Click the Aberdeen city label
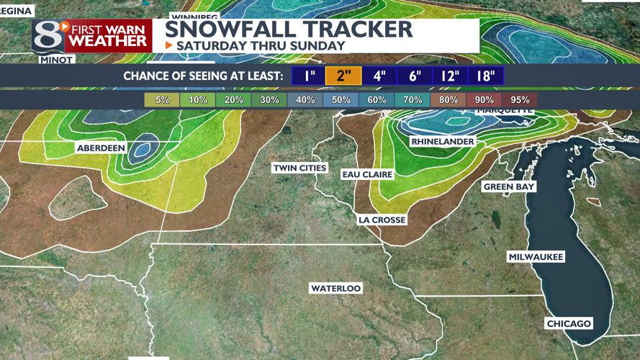pyautogui.click(x=101, y=148)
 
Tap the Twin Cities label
pyautogui.click(x=299, y=168)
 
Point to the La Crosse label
pyautogui.click(x=382, y=220)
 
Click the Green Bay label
pyautogui.click(x=509, y=187)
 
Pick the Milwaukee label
pyautogui.click(x=536, y=257)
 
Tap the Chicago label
pyautogui.click(x=569, y=323)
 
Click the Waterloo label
pyautogui.click(x=335, y=288)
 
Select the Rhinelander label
pyautogui.click(x=442, y=142)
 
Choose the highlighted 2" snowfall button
pyautogui.click(x=343, y=76)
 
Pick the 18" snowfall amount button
pyautogui.click(x=486, y=76)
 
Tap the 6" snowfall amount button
pyautogui.click(x=415, y=76)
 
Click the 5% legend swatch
pyautogui.click(x=162, y=100)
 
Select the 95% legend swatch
pyautogui.click(x=520, y=100)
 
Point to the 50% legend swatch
pyautogui.click(x=341, y=100)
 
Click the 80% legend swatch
pyautogui.click(x=448, y=100)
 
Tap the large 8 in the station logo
pyautogui.click(x=45, y=35)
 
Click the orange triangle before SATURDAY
pyautogui.click(x=169, y=45)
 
